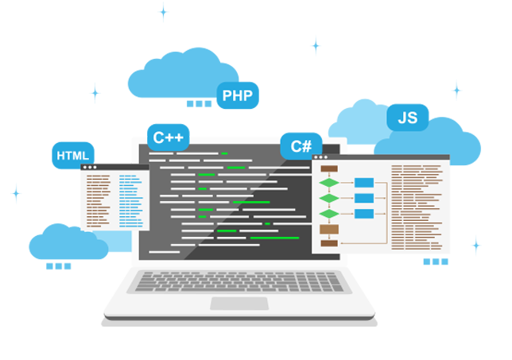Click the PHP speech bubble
pos(237,96)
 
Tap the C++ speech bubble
pos(168,137)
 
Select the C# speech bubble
pos(301,146)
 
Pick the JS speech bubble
pos(407,118)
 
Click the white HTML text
pos(73,156)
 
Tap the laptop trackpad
pos(239,304)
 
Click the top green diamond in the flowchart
pos(328,184)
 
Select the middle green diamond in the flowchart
pos(328,198)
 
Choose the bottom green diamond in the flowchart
pos(328,214)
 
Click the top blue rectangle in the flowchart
pos(364,184)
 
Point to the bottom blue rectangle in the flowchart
pos(364,214)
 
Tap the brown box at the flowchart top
pos(328,168)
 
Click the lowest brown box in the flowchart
pos(328,243)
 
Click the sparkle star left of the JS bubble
pos(316,45)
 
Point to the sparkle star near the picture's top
pos(456,90)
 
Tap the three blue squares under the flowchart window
pos(436,262)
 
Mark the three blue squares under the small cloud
pos(58,266)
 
